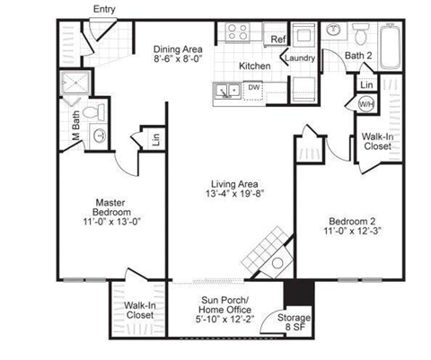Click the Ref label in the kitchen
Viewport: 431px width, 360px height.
pos(277,40)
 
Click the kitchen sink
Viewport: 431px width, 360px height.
pos(227,89)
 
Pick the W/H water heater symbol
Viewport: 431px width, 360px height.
pos(366,104)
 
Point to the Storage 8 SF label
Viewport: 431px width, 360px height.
pos(295,321)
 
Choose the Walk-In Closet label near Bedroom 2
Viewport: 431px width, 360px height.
pos(376,143)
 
